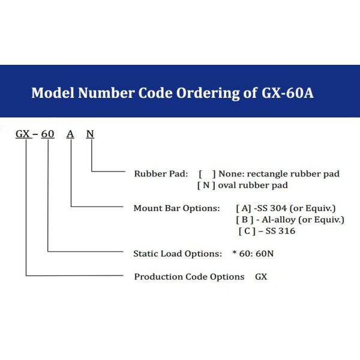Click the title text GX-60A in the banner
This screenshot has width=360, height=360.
287,93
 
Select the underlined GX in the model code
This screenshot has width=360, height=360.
23,134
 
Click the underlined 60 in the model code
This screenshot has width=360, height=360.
48,134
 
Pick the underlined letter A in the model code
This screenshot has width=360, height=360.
70,134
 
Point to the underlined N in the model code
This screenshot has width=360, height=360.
90,134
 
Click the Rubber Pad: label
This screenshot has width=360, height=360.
161,174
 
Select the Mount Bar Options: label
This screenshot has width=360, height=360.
176,208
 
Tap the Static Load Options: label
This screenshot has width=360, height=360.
178,254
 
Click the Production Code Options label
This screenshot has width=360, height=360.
189,277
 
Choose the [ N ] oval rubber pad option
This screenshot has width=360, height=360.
242,185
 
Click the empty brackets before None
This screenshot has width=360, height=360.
207,174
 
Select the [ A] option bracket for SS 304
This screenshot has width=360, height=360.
244,208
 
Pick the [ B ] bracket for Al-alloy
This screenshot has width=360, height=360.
245,220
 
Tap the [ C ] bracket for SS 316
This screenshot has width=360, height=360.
247,231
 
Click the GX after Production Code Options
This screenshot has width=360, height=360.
261,277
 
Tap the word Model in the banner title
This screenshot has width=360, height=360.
53,93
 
